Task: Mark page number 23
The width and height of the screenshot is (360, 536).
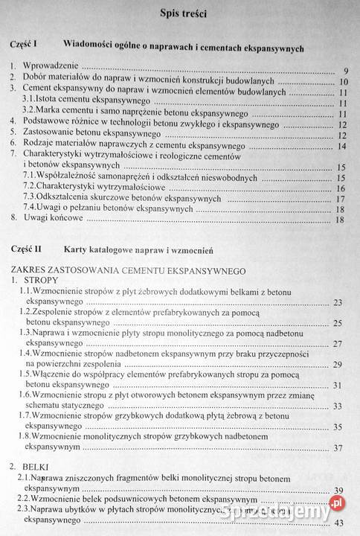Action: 338,302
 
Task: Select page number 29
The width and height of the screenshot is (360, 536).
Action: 338,364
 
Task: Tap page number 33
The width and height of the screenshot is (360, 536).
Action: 338,406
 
